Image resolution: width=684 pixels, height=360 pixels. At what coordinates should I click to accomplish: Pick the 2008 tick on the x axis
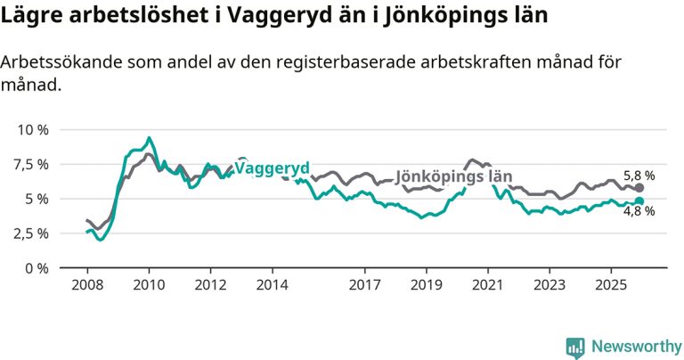[86, 286]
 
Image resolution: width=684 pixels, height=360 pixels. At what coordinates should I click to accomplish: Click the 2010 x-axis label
[148, 286]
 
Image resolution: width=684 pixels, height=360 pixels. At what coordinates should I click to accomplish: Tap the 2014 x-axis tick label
[272, 286]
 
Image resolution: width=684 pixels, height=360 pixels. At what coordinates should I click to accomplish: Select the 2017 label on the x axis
[364, 286]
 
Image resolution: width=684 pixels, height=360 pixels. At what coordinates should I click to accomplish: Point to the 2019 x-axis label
[426, 286]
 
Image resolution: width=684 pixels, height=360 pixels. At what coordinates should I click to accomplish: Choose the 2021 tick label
[487, 286]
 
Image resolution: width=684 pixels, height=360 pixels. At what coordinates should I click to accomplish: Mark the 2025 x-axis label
[610, 286]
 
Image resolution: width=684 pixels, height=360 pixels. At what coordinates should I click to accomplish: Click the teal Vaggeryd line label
[272, 168]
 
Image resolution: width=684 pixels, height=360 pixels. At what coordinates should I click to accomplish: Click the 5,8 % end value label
[639, 176]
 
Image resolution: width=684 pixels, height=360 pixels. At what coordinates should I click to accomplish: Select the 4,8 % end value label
[639, 211]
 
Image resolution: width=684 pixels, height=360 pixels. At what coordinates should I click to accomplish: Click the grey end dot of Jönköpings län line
[639, 188]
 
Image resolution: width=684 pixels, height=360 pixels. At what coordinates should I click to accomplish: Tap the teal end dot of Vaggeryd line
[639, 201]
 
